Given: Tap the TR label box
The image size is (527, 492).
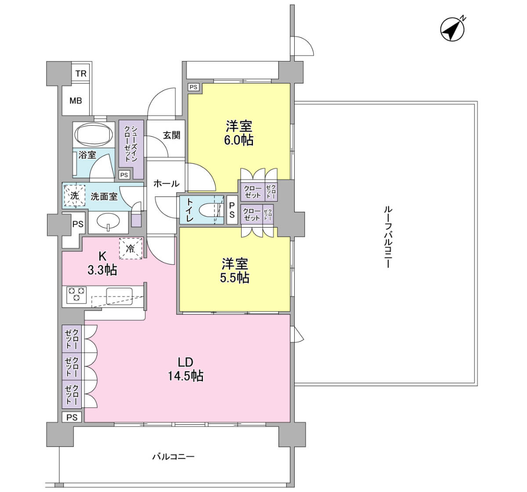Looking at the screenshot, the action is pyautogui.click(x=81, y=73).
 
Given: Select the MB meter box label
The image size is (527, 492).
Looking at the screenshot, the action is pyautogui.click(x=76, y=101).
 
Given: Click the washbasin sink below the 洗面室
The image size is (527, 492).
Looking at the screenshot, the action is pyautogui.click(x=108, y=221).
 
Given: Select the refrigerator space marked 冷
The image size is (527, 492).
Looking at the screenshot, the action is pyautogui.click(x=130, y=249).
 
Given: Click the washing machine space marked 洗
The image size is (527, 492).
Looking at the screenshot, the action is pyautogui.click(x=74, y=196).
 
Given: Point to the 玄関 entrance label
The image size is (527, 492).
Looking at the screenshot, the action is pyautogui.click(x=171, y=135).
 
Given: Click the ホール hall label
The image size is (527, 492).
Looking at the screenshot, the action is pyautogui.click(x=166, y=183).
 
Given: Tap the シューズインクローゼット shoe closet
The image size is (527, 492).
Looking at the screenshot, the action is pyautogui.click(x=131, y=149).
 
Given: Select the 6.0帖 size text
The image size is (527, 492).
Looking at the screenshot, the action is pyautogui.click(x=239, y=140).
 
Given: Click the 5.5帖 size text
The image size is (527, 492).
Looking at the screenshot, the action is pyautogui.click(x=235, y=278).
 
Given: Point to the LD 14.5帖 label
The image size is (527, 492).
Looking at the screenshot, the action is pyautogui.click(x=186, y=369).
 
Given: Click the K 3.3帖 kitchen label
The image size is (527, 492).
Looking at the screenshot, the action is pyautogui.click(x=102, y=264).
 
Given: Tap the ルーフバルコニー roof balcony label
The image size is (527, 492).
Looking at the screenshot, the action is pyautogui.click(x=388, y=237).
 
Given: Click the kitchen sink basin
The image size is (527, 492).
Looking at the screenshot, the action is pyautogui.click(x=119, y=296).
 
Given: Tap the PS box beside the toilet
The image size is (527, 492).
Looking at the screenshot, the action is pyautogui.click(x=232, y=210).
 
